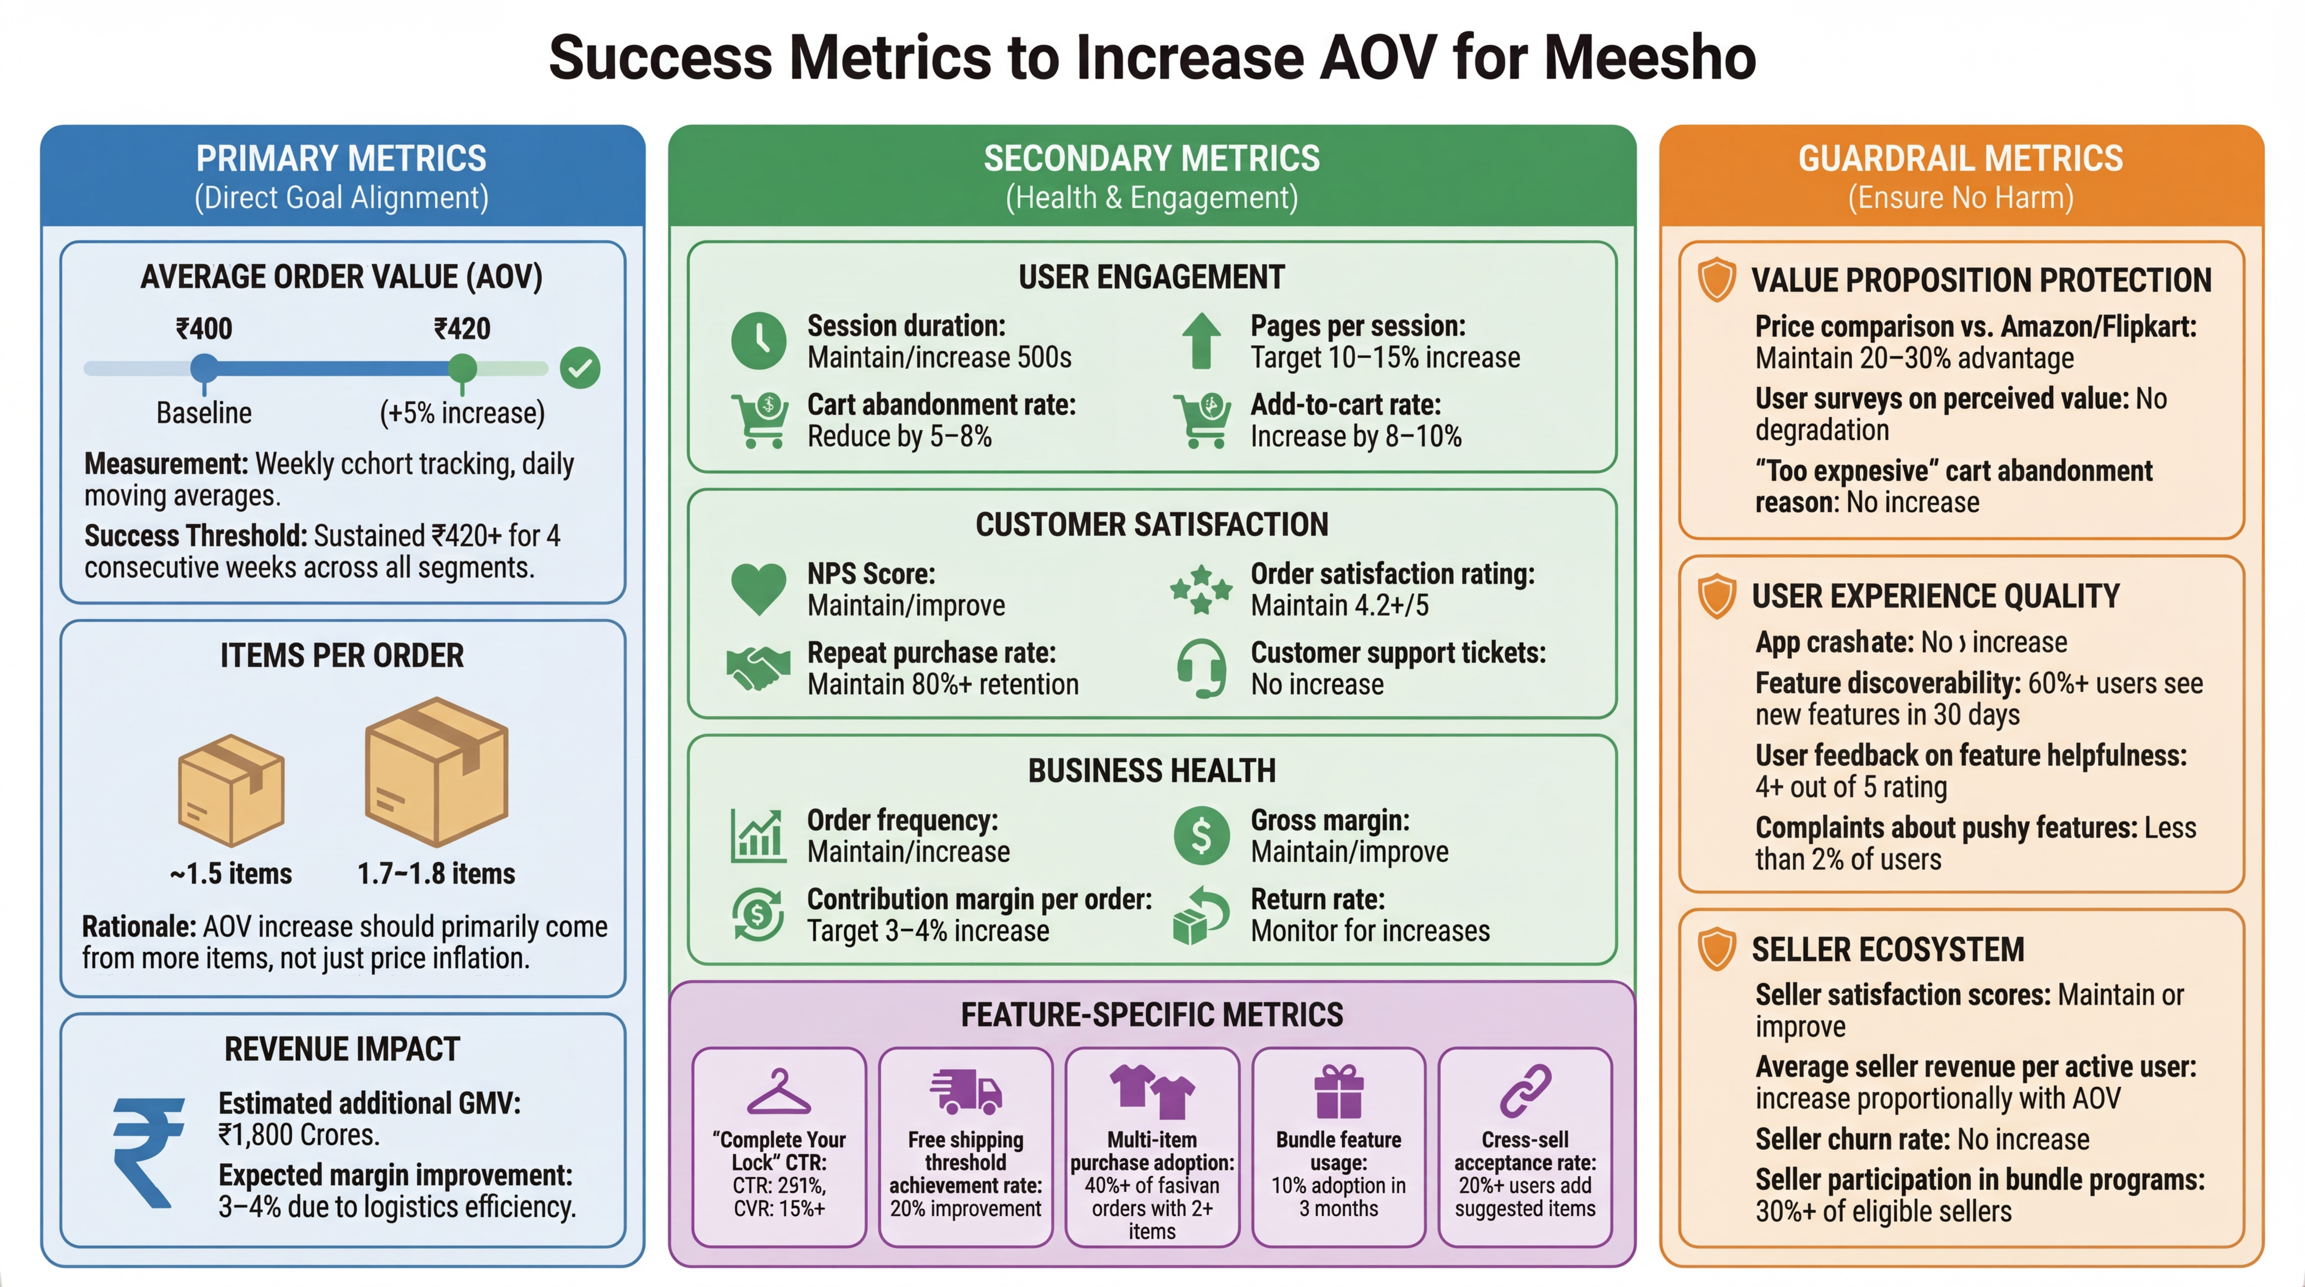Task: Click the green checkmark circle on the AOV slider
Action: (x=580, y=368)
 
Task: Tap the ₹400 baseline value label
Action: (x=204, y=328)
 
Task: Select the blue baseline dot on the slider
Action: (x=204, y=367)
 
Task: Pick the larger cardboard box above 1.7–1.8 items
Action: (x=437, y=771)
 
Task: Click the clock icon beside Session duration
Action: (x=759, y=341)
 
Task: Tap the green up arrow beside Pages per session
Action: (x=1201, y=341)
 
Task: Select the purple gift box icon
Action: (x=1338, y=1092)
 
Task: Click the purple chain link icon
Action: (x=1525, y=1092)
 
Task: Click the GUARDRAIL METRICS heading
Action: (x=1960, y=158)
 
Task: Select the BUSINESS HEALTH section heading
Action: (x=1152, y=770)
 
